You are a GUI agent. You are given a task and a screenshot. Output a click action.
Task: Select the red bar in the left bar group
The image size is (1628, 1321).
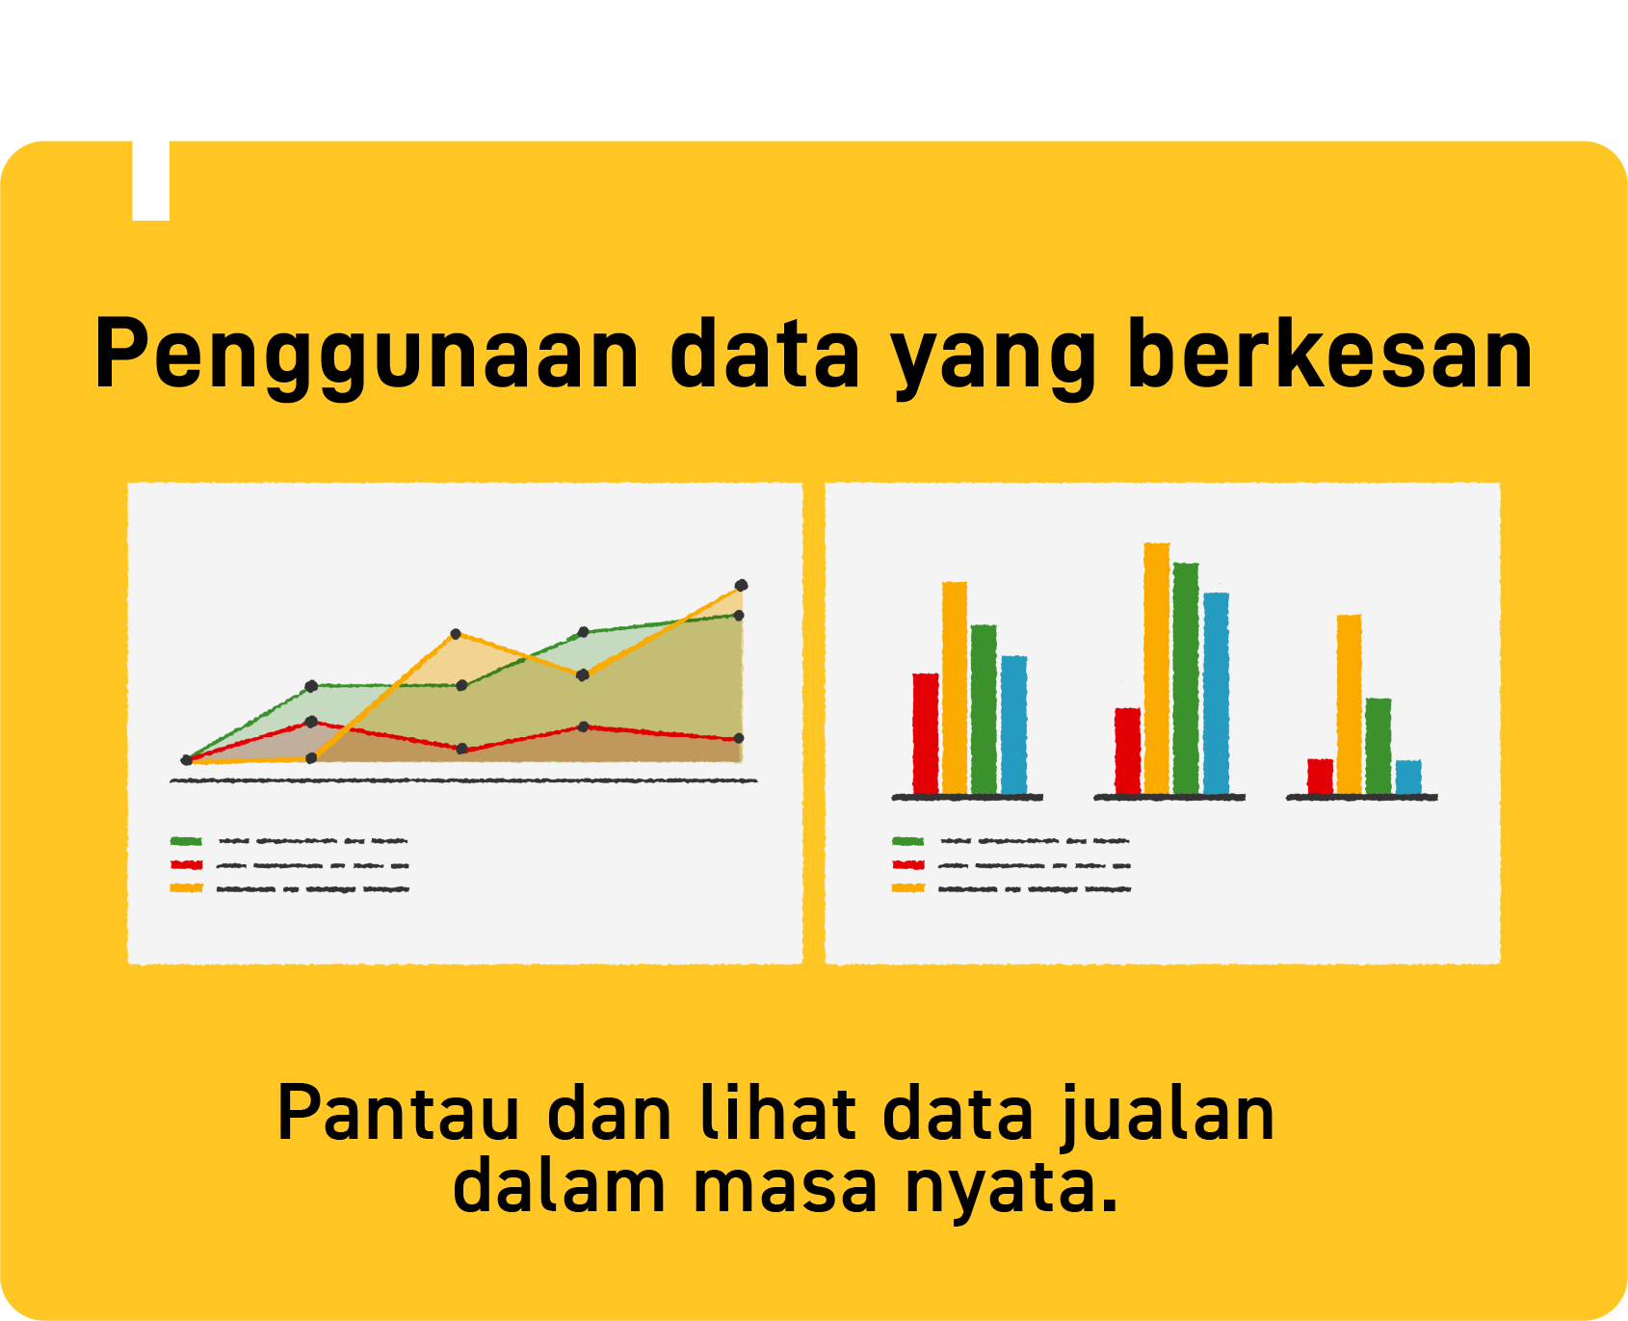click(926, 733)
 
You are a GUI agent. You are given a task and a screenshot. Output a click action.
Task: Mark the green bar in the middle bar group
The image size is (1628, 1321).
click(1186, 678)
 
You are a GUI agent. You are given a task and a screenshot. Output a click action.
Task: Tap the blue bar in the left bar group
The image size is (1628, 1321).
click(1014, 725)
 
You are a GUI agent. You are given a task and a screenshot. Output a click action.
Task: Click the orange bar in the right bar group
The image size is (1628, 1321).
click(1350, 704)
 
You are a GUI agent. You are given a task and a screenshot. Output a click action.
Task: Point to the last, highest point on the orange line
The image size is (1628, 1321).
click(741, 585)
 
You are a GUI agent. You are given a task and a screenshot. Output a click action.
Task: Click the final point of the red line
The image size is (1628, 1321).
click(739, 738)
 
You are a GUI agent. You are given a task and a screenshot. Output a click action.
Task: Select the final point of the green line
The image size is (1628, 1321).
click(739, 615)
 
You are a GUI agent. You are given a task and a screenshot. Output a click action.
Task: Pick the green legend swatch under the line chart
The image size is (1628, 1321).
click(186, 841)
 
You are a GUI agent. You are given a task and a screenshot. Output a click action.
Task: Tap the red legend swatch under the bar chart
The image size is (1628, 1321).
click(908, 864)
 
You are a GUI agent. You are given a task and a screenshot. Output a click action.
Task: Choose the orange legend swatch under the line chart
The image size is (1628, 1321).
click(186, 887)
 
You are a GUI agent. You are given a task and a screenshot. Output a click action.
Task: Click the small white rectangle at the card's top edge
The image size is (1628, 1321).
click(151, 180)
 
